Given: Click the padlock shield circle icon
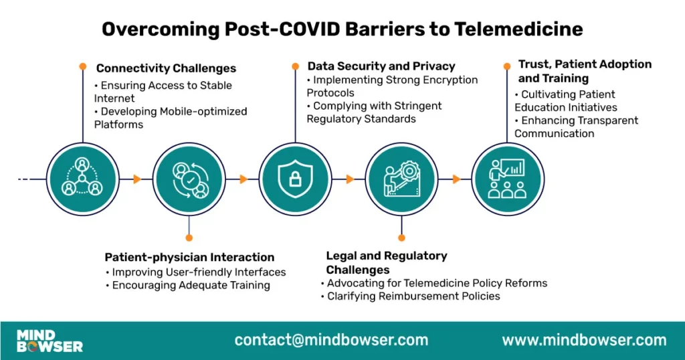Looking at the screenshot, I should [294, 179].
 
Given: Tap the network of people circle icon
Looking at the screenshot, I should [82, 179].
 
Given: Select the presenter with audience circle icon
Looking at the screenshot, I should [506, 179].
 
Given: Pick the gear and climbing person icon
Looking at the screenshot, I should [401, 179].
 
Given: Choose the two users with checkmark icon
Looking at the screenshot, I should [189, 179].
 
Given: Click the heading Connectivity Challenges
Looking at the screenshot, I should [166, 68].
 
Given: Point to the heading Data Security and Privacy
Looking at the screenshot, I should [381, 66].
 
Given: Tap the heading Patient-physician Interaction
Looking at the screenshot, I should [189, 257].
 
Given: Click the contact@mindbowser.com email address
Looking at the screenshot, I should [331, 340].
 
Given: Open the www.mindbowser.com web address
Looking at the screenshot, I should [584, 340].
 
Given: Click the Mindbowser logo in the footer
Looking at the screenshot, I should [50, 340].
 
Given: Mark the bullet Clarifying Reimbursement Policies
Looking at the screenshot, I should [413, 296].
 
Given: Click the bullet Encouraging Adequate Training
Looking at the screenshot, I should [191, 285].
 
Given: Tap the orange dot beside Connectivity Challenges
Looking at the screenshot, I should [83, 66].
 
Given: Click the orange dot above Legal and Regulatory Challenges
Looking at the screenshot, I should [401, 237].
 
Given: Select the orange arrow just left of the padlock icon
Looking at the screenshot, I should [243, 179].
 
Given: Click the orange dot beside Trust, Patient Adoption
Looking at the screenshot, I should [506, 66].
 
